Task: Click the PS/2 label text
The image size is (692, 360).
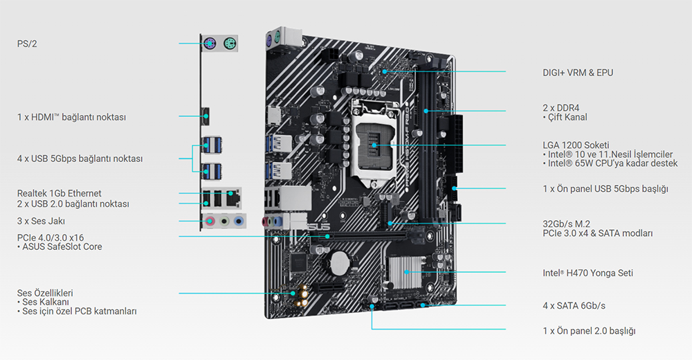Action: point(27,44)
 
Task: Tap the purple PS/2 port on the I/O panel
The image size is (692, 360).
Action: point(210,44)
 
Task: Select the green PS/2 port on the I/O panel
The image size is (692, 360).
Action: point(230,44)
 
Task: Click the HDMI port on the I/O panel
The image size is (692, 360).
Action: point(206,116)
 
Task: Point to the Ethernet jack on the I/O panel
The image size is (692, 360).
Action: point(233,197)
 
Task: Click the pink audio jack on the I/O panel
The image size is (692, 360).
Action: point(210,221)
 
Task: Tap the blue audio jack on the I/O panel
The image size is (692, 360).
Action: point(239,221)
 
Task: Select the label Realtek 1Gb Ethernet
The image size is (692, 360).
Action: point(59,193)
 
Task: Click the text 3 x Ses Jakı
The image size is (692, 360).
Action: point(41,221)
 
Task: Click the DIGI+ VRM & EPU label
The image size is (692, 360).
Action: point(578,73)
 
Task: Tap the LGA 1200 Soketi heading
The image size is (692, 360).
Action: point(576,145)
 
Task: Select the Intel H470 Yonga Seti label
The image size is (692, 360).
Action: point(588,273)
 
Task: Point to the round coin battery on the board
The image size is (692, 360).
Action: point(340,263)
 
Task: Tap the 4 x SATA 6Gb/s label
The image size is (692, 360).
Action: point(574,306)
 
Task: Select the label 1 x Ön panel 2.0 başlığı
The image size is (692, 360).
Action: point(589,331)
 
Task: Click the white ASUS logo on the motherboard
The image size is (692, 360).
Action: point(318,226)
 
